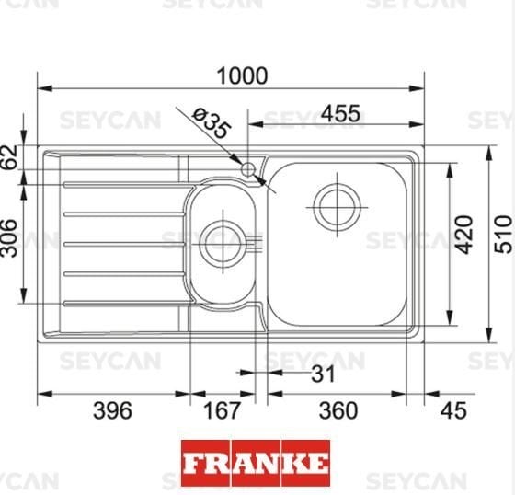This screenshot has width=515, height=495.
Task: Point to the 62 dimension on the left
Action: click(x=10, y=157)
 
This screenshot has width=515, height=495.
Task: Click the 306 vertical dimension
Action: click(x=10, y=239)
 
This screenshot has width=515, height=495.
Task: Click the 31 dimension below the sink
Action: click(x=323, y=374)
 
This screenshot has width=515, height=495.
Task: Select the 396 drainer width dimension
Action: click(x=113, y=410)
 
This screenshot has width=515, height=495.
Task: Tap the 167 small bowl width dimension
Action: click(x=222, y=410)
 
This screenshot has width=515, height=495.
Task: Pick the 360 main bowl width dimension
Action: click(x=338, y=410)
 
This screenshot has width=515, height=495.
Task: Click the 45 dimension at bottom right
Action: click(x=453, y=410)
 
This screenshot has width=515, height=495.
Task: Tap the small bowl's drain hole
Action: click(x=221, y=242)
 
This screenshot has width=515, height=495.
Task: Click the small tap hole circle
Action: click(x=248, y=168)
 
